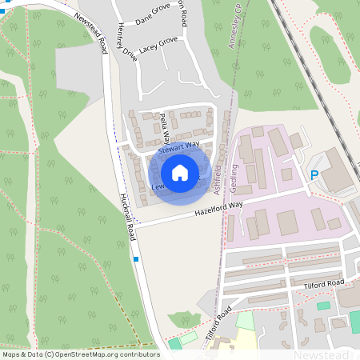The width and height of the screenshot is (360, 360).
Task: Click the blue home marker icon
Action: (x=180, y=172)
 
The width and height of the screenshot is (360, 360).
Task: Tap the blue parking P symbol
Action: (x=314, y=174)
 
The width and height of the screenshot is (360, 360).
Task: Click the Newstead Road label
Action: (x=92, y=33)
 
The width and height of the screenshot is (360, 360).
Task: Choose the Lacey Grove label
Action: (x=158, y=46)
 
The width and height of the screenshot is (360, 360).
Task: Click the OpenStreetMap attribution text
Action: (x=81, y=354)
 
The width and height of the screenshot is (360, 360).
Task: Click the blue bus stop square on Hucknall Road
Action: (x=136, y=259)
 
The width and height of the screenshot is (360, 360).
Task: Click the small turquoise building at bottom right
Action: (x=323, y=306)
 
